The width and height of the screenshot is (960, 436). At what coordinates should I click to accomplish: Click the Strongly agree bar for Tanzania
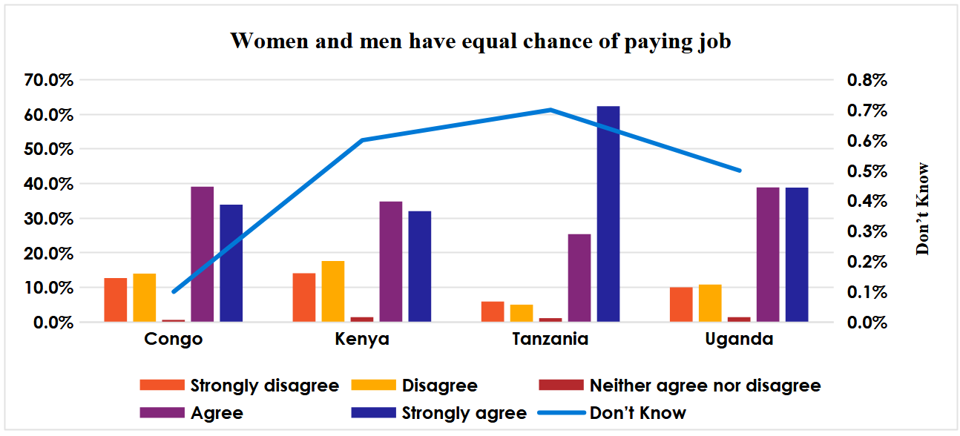[608, 214]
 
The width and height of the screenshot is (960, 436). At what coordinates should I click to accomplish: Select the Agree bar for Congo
[203, 254]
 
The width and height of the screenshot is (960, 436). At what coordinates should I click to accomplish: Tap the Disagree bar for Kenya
[333, 291]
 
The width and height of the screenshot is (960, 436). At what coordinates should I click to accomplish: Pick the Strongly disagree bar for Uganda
[681, 304]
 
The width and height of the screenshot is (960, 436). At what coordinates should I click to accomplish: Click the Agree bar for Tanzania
[579, 277]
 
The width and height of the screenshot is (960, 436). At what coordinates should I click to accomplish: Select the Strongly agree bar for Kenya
[420, 266]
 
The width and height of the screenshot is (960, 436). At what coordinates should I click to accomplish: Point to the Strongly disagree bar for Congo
[115, 300]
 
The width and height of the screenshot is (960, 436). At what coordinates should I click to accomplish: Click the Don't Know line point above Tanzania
[550, 110]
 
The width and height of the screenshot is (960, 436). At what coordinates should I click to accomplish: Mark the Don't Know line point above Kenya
[362, 139]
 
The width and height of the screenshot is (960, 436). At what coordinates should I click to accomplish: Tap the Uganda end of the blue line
[740, 171]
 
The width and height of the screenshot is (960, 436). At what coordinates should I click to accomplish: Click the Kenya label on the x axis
[362, 339]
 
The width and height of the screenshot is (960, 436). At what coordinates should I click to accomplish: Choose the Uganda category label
[739, 339]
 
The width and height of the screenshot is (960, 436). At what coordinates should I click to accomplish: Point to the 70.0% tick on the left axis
[49, 80]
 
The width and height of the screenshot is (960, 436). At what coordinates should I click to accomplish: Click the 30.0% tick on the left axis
[49, 219]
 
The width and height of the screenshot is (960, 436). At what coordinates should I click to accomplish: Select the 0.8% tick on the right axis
[867, 80]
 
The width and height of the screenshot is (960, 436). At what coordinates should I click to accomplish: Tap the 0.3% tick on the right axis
[867, 231]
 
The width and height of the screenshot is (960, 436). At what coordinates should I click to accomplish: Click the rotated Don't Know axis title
[922, 208]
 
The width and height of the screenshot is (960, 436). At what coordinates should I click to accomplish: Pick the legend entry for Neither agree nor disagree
[680, 386]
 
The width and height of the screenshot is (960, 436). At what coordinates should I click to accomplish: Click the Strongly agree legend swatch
[373, 412]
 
